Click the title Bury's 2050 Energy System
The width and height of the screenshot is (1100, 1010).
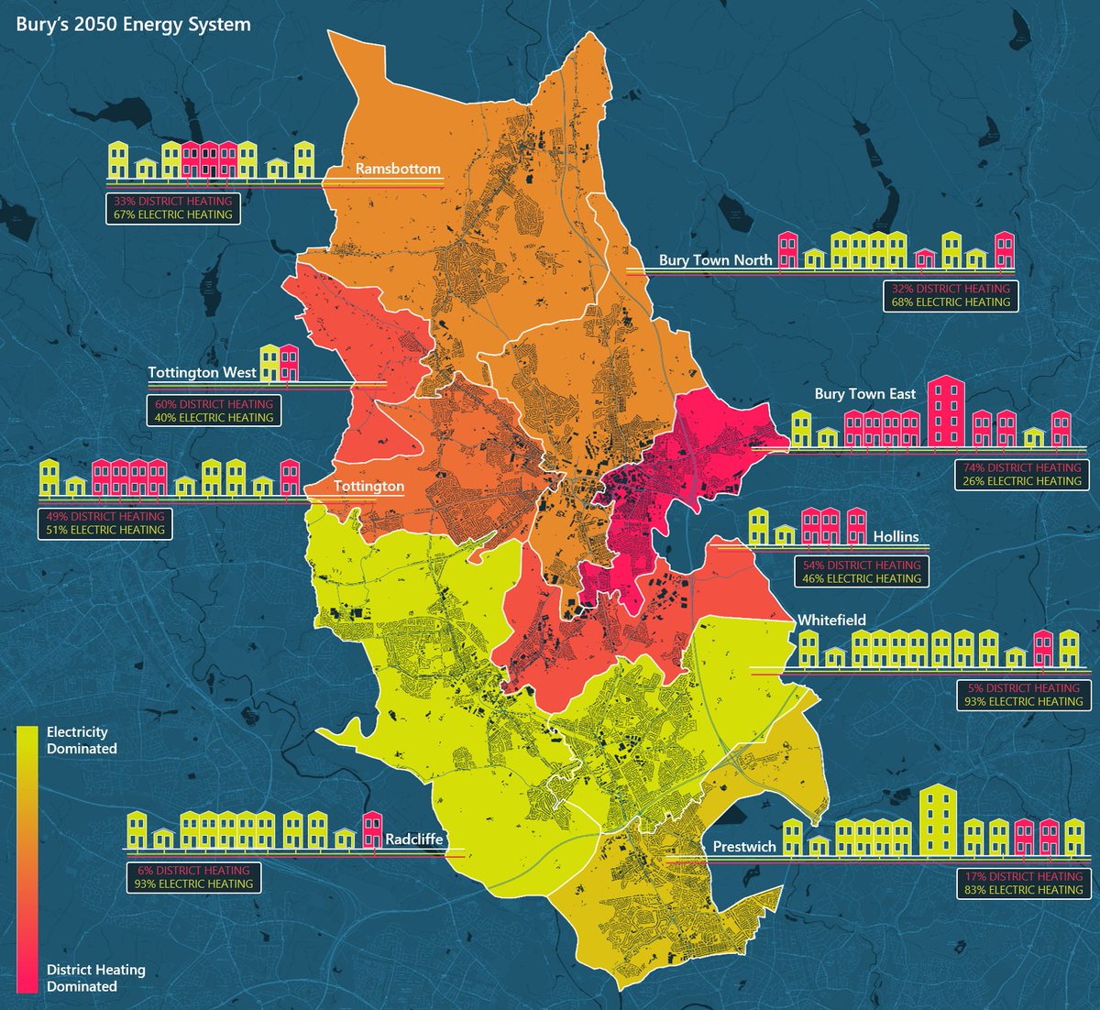coord(133,25)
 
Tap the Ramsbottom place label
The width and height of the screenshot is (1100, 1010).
coord(398,170)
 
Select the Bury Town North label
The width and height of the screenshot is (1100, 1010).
coord(715,260)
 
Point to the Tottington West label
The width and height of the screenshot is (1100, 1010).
coord(202,373)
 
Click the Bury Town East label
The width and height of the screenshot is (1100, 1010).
coord(864,394)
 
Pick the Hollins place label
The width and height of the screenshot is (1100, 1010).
coord(896,537)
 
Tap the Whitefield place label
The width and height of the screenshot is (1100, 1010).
coord(831,620)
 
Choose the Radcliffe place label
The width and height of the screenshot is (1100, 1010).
coord(413,840)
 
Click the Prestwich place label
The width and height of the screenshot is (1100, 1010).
coord(744,847)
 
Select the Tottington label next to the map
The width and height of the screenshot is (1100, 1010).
coord(368,486)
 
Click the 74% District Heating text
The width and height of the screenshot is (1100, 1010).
coord(1021,467)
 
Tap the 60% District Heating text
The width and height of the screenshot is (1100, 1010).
coord(214,404)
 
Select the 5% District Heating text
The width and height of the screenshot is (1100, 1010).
coord(1023,688)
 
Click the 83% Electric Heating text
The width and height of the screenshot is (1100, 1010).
coord(1023,890)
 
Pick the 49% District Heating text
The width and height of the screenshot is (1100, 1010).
coord(104,516)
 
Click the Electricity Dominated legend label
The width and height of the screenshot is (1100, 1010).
coord(82,741)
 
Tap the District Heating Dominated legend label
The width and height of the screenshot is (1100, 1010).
coord(95,978)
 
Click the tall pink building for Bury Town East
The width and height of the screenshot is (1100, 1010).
coord(947,412)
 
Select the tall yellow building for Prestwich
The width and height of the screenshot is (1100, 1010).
coord(938,818)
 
